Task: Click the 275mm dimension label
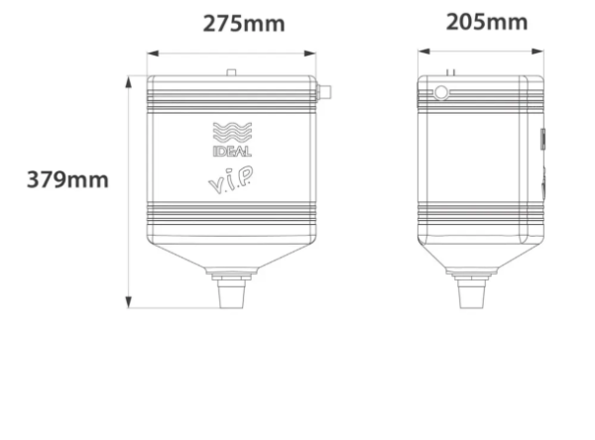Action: (x=244, y=24)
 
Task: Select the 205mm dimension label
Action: (x=487, y=22)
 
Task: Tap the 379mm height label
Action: (x=67, y=179)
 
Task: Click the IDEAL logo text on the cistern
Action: (x=232, y=152)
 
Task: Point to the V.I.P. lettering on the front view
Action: (x=231, y=180)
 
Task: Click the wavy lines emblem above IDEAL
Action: (x=232, y=133)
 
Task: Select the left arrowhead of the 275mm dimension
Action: (x=153, y=54)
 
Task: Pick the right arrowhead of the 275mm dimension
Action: (x=310, y=54)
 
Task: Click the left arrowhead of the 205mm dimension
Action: (x=423, y=52)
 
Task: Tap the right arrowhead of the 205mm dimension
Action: (x=537, y=52)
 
